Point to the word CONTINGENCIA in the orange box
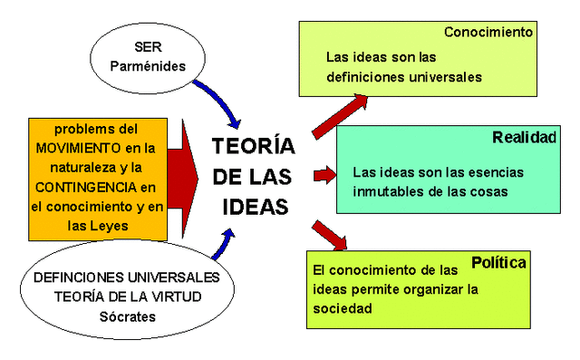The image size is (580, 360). [89, 187]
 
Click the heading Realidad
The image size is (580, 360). [524, 138]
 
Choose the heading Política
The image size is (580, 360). [499, 263]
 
